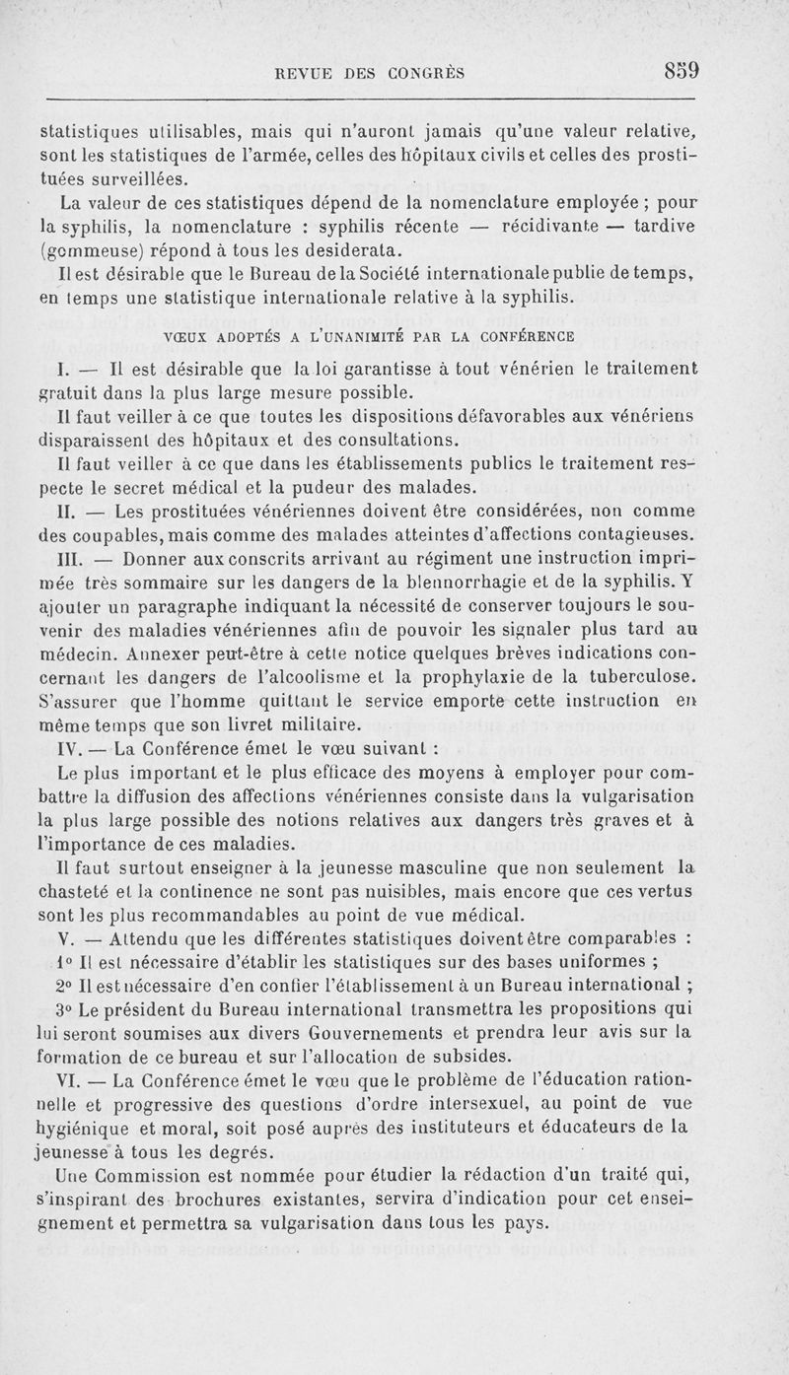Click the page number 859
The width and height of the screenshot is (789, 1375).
click(681, 71)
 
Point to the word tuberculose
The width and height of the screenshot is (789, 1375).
click(649, 675)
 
